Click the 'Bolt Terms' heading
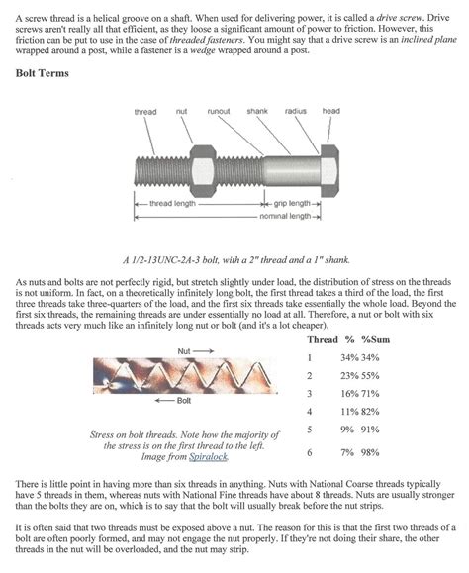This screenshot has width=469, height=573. point(42,73)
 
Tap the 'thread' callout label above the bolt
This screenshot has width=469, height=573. point(145,112)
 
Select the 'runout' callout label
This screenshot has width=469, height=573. point(219,111)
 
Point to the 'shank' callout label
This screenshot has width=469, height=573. point(257,111)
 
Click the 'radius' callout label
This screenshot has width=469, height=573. point(296,111)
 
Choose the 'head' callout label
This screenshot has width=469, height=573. point(330,111)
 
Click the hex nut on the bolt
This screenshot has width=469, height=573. point(203,170)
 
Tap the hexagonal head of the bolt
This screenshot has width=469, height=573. point(329,170)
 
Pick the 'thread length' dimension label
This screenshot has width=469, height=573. point(172,203)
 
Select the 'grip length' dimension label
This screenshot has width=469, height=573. point(292,203)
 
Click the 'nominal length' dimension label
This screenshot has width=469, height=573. point(285,216)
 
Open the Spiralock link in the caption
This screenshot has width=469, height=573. point(208,457)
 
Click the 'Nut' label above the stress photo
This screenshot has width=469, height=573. point(184,351)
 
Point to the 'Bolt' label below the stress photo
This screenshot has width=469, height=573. point(184,401)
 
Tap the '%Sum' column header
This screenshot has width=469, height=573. point(375,339)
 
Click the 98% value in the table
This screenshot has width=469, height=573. point(370,452)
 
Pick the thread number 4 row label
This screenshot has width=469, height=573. point(310,412)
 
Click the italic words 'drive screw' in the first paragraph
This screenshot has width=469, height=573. point(399,18)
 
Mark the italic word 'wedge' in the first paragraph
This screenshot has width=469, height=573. point(203,50)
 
